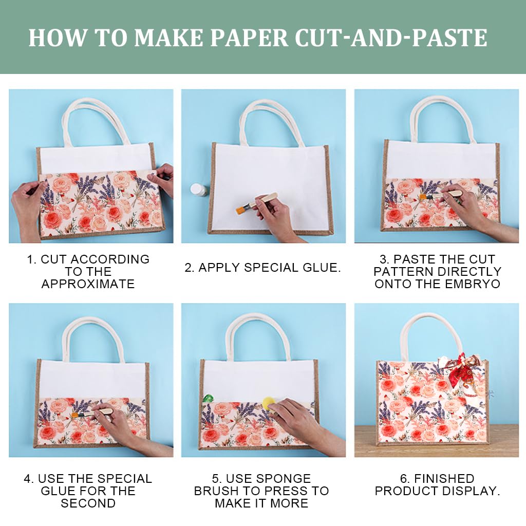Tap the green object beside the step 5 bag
pyautogui.click(x=209, y=398)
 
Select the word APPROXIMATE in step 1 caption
pyautogui.click(x=88, y=284)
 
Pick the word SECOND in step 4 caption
pyautogui.click(x=88, y=503)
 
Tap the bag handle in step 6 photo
pyautogui.click(x=431, y=329)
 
